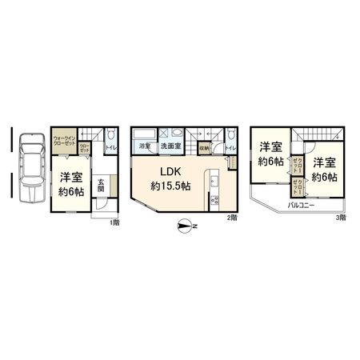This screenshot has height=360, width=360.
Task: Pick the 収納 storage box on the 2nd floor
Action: point(205,148)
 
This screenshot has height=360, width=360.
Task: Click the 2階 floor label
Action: point(231,218)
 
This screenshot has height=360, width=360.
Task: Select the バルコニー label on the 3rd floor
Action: point(301,206)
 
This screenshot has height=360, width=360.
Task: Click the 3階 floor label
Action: point(341,218)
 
